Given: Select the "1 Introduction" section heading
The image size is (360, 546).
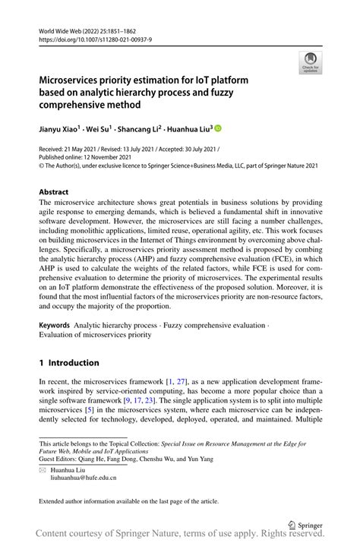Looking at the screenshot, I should (x=69, y=363).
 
